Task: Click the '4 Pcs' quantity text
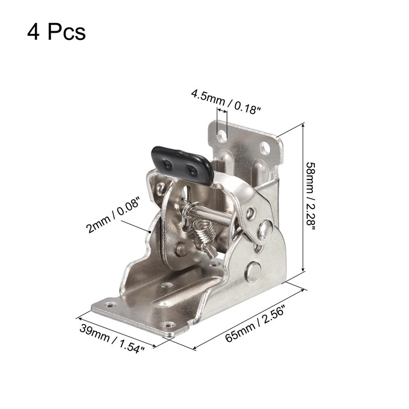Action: (x=56, y=32)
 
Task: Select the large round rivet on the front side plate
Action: (x=253, y=272)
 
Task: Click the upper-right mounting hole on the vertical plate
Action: (x=265, y=148)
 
